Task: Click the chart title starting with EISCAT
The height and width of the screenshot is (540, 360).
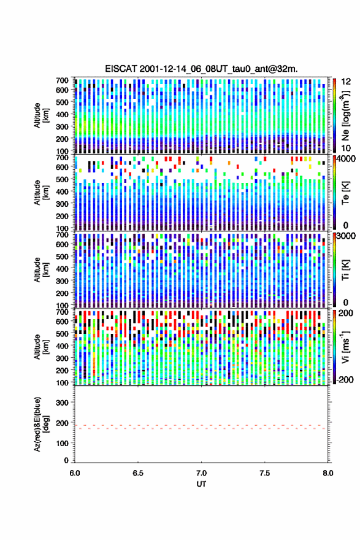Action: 201,69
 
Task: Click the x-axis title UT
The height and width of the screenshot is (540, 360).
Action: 201,484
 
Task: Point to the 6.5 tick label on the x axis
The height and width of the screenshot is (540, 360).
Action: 137,473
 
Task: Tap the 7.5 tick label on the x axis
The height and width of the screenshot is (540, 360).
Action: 264,473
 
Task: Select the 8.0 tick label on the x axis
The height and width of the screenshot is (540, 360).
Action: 327,473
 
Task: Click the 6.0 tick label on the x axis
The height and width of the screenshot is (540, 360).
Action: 75,473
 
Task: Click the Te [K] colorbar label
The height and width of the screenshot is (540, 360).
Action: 345,193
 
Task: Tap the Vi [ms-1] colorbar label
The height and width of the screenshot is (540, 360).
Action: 345,347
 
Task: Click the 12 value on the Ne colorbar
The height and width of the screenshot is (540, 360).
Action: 346,82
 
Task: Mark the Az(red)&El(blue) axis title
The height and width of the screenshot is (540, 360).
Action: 40,424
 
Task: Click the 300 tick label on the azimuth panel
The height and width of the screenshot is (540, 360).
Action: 62,403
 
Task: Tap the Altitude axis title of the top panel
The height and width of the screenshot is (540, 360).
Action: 40,115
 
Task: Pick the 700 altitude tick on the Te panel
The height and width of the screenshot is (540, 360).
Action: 62,158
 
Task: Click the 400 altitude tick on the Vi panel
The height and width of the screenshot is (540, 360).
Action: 62,345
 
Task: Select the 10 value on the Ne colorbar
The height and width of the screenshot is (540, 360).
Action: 346,148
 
